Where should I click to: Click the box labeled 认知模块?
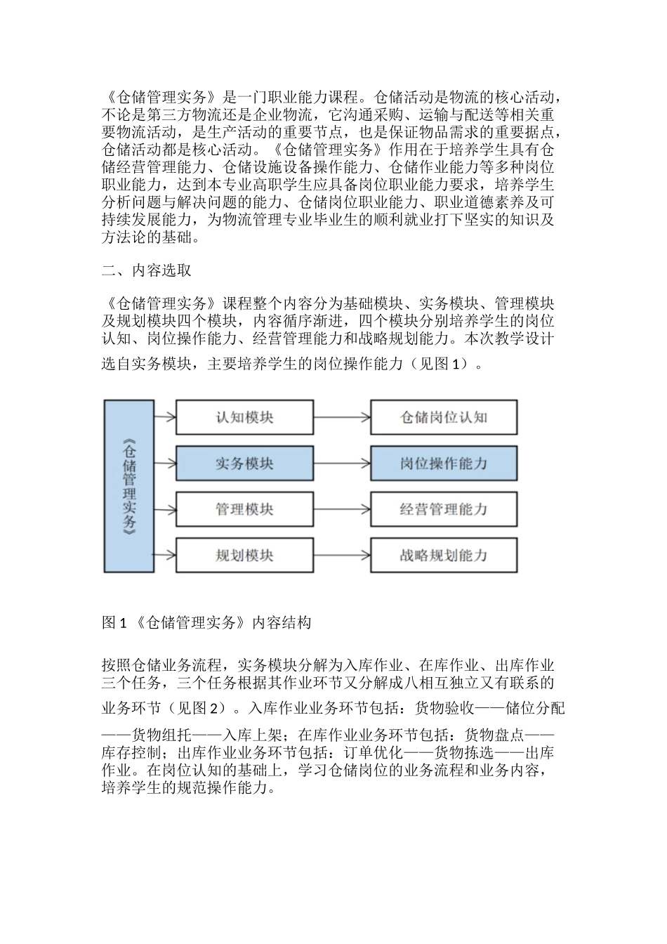tap(244, 417)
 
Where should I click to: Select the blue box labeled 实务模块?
tap(244, 464)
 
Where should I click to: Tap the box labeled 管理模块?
tap(244, 509)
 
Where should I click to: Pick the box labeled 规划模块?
tap(244, 556)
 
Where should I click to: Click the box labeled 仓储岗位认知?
tap(444, 417)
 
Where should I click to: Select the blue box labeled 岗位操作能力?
tap(444, 464)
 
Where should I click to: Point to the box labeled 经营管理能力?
tap(444, 509)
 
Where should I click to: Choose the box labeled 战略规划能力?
tap(444, 556)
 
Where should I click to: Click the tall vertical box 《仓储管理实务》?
tap(129, 486)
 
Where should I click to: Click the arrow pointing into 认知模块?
tap(165, 417)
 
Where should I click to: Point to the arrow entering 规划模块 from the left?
tap(165, 556)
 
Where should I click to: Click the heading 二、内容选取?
tap(147, 270)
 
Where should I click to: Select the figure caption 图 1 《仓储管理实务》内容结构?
tap(206, 622)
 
